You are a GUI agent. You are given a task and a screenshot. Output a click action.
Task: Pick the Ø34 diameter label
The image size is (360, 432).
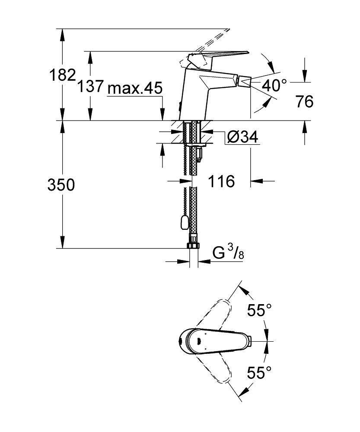(x=242, y=137)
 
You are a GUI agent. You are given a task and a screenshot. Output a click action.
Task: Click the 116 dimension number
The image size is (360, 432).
(x=223, y=181)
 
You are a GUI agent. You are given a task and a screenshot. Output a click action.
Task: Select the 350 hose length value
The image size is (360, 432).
(x=61, y=185)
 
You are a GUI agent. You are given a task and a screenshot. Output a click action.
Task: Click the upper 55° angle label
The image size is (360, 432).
(x=259, y=310)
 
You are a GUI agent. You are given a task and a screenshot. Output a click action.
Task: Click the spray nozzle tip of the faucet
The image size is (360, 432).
(x=245, y=81)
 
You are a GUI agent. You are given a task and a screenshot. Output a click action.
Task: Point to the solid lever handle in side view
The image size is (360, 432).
(x=220, y=55)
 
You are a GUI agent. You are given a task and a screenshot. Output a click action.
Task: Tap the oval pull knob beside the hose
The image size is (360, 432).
(x=185, y=223)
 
